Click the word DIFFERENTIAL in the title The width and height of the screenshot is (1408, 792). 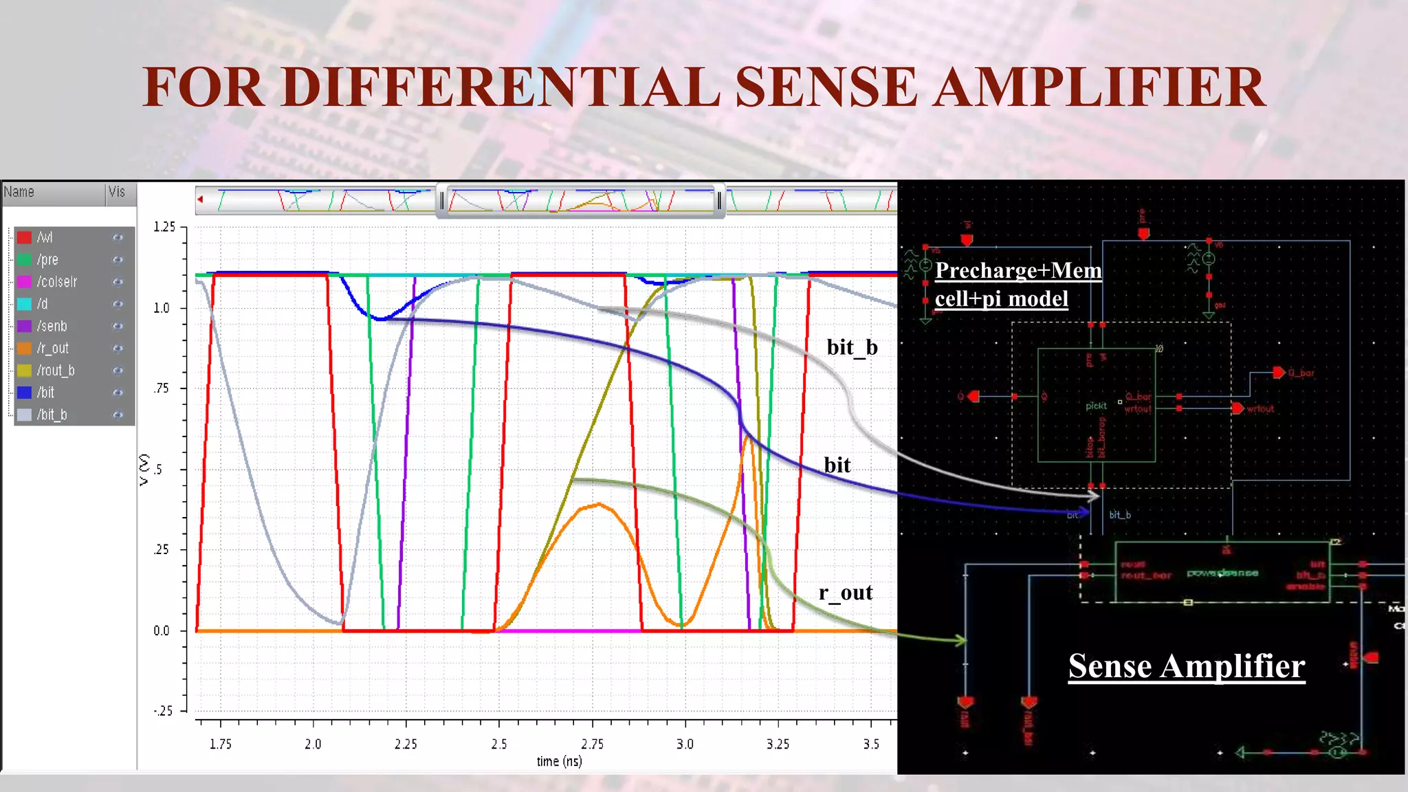pos(500,87)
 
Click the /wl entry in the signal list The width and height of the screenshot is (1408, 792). pos(45,237)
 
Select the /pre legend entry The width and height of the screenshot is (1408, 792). pos(47,260)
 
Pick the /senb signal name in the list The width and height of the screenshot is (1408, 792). pos(52,326)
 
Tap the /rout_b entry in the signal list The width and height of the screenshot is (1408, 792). pos(56,371)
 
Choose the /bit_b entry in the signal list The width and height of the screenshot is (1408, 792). pos(52,415)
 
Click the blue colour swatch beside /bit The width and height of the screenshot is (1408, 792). pos(25,393)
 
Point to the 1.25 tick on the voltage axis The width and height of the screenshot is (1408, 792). pos(164,227)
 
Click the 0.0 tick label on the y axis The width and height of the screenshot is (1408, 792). pos(162,630)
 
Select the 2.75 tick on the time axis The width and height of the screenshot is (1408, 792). pos(592,744)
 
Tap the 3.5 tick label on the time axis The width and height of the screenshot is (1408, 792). pos(871,744)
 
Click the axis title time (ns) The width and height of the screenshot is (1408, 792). pos(559,761)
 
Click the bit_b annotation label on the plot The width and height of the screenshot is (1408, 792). pos(852,347)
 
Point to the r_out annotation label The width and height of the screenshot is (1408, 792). pos(845,593)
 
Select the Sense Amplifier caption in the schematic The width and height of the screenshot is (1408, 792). pos(1186,666)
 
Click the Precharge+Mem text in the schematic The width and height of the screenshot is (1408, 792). pos(1017,270)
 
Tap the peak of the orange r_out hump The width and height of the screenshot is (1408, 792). pos(599,505)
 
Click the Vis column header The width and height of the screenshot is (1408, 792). pos(117,192)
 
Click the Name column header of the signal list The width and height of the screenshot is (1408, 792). pos(19,192)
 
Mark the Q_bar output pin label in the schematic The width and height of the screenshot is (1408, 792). pos(1301,373)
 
